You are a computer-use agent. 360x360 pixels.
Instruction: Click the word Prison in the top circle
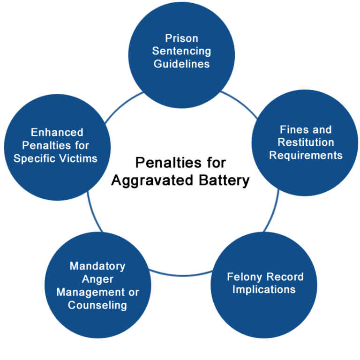181,38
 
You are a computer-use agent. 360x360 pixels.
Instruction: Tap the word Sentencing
181,51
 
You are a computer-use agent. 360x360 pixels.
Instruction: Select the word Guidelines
181,64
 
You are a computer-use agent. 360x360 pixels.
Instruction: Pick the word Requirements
306,155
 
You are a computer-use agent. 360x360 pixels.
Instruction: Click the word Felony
245,277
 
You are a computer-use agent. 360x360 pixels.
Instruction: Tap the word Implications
264,290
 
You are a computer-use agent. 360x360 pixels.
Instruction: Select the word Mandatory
97,266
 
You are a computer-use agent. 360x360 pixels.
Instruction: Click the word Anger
97,279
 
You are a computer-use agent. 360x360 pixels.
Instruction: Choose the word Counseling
97,305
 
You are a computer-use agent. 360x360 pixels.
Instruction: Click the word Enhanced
57,133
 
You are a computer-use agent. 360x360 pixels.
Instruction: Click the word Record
285,277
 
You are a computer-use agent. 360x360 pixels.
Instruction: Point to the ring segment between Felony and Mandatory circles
181,275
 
